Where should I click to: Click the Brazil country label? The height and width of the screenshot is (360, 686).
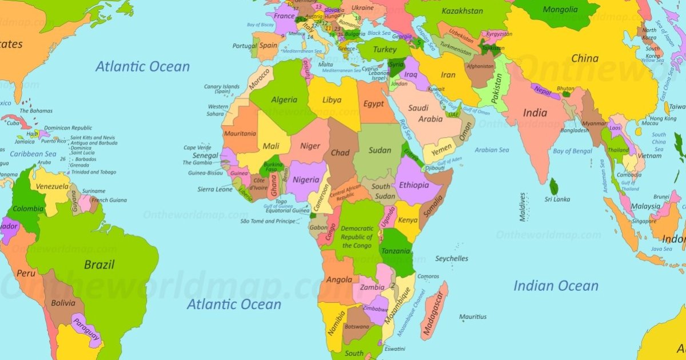tap(99, 265)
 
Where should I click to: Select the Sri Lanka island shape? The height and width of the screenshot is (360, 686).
tap(553, 186)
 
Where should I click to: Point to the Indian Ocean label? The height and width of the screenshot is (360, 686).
tap(556, 286)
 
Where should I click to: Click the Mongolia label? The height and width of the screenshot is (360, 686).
tap(560, 10)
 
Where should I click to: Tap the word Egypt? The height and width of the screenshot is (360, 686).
tap(374, 103)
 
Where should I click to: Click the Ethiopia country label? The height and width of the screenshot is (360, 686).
tap(414, 185)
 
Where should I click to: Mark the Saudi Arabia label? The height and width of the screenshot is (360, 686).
tap(426, 114)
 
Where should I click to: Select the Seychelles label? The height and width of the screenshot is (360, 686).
tap(452, 258)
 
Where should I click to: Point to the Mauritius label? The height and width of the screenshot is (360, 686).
tap(473, 317)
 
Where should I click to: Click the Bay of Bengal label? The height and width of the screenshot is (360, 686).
tap(572, 151)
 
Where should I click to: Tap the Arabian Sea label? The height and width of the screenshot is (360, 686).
tap(492, 150)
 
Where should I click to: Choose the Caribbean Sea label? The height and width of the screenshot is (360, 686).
tap(33, 154)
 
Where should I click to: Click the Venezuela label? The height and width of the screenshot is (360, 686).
tap(52, 187)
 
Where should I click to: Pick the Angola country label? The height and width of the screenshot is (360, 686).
tap(339, 279)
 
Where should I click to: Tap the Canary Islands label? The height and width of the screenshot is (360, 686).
tap(222, 89)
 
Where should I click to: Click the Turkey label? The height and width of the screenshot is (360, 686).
tap(385, 50)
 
